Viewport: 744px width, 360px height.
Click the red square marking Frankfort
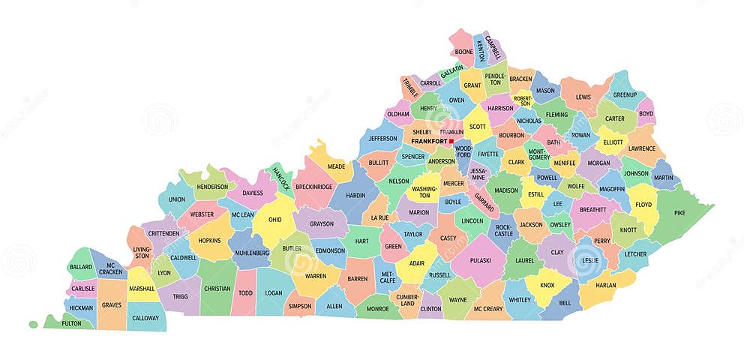pyautogui.click(x=451, y=140)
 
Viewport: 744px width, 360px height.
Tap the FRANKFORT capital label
pyautogui.click(x=429, y=141)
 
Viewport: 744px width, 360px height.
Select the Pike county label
pyautogui.click(x=679, y=213)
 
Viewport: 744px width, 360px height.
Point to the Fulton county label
pyautogui.click(x=71, y=323)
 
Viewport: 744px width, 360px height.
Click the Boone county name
pyautogui.click(x=464, y=52)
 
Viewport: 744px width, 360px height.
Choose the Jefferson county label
pyautogui.click(x=382, y=138)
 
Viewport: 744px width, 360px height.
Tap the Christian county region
pyautogui.click(x=217, y=288)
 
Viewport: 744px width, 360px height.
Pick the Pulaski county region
pyautogui.click(x=480, y=260)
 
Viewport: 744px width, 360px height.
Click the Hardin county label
pyautogui.click(x=355, y=195)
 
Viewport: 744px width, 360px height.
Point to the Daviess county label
pyautogui.click(x=253, y=193)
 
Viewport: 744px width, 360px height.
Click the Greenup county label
pyautogui.click(x=625, y=95)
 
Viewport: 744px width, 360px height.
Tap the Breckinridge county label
pyautogui.click(x=314, y=187)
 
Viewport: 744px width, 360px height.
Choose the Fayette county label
pyautogui.click(x=488, y=154)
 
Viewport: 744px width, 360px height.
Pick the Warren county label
pyautogui.click(x=316, y=275)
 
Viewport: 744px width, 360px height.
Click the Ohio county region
pyautogui.click(x=274, y=220)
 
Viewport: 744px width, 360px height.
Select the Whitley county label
pyautogui.click(x=520, y=299)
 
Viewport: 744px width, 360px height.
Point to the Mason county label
pyautogui.click(x=545, y=91)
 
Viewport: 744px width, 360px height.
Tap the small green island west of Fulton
pyautogui.click(x=33, y=324)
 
